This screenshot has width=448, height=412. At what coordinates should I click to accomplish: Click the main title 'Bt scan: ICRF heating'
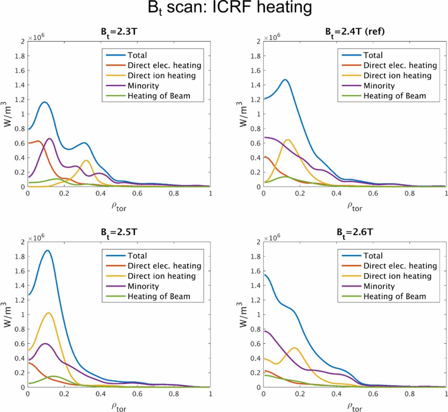click(x=230, y=8)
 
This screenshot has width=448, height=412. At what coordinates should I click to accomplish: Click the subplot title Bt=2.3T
click(x=119, y=32)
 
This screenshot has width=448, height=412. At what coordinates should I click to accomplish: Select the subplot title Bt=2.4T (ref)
click(x=355, y=32)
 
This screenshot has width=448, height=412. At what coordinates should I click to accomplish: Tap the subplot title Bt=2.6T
click(x=355, y=232)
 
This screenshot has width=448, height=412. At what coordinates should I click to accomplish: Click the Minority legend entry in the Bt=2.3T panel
click(x=143, y=86)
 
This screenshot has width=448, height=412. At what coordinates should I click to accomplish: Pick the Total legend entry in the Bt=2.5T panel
click(x=137, y=256)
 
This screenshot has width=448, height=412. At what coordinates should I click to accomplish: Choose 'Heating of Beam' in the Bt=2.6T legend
click(x=395, y=296)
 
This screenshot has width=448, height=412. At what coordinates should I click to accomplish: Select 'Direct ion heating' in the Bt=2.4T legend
click(x=397, y=76)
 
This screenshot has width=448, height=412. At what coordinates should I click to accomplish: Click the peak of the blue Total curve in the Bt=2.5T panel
click(x=47, y=251)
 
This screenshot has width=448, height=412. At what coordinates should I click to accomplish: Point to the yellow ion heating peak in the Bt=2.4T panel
click(x=287, y=140)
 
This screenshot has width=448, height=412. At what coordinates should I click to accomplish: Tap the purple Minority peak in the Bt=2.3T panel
click(x=50, y=139)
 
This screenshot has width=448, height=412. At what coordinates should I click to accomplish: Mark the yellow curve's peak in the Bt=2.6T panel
click(x=295, y=348)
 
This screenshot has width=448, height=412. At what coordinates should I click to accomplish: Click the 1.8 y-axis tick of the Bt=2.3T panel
click(x=20, y=56)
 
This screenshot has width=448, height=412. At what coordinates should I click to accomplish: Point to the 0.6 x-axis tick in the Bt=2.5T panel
click(x=137, y=394)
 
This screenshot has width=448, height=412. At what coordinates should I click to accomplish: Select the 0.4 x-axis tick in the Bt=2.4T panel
click(x=336, y=193)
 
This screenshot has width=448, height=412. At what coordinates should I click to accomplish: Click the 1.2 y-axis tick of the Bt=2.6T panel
click(x=256, y=300)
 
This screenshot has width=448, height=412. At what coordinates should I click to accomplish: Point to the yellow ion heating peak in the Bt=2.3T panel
click(x=86, y=160)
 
